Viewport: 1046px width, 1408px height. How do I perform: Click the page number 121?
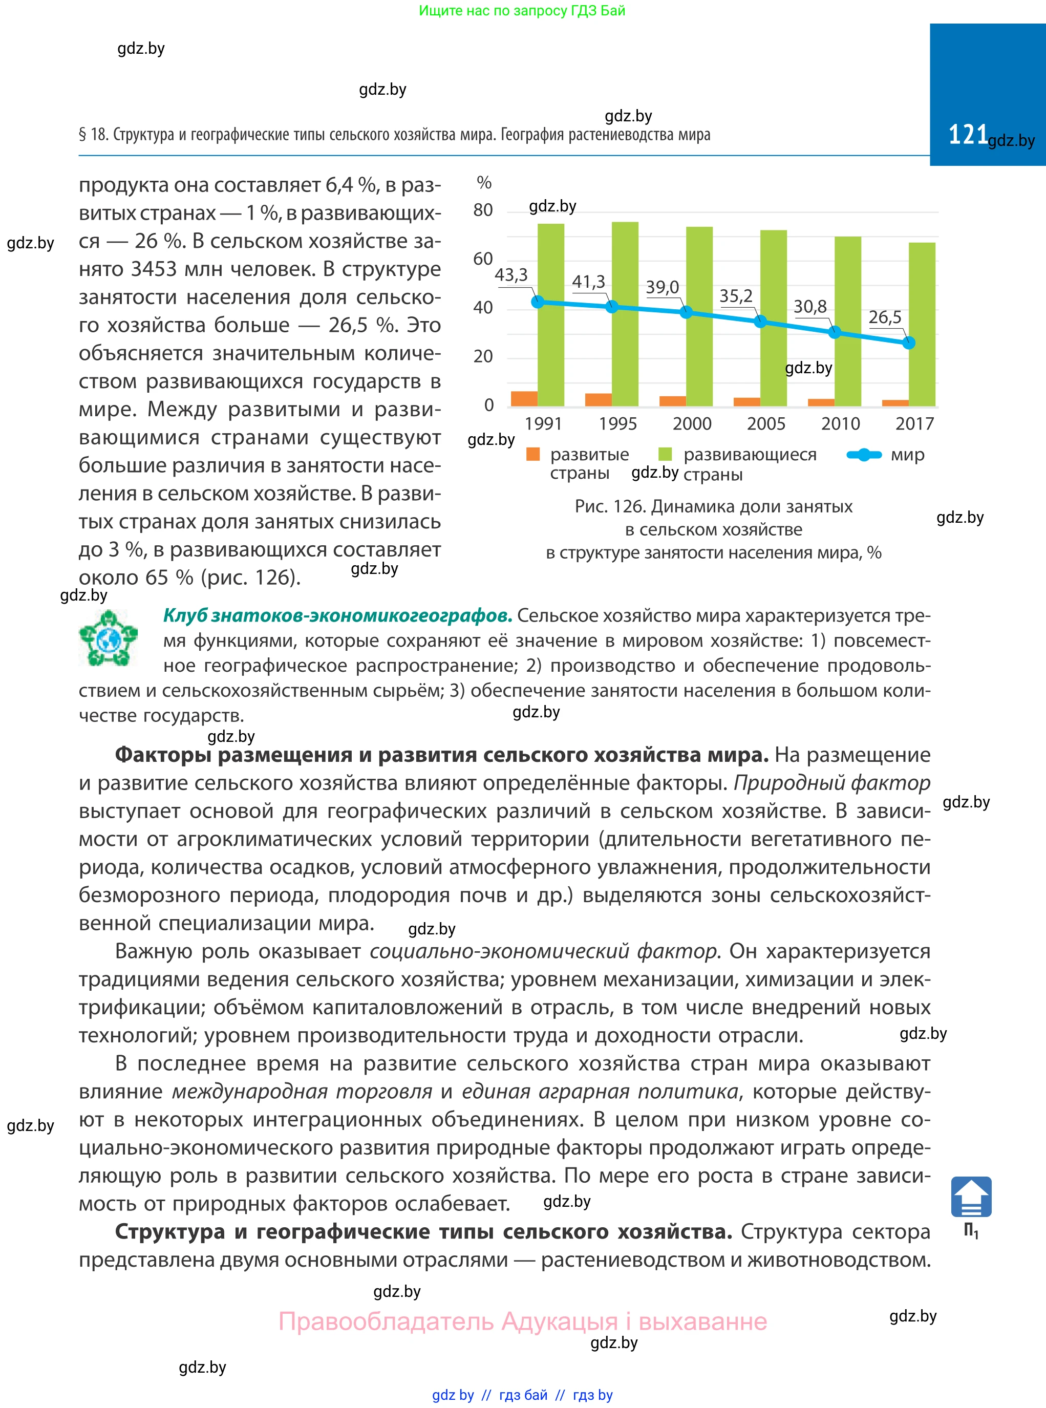(968, 134)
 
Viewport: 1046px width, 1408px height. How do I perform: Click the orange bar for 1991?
(524, 398)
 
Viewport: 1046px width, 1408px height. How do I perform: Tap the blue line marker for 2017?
(909, 343)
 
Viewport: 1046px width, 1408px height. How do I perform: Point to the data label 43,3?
(511, 275)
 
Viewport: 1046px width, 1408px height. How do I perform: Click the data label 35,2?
(736, 295)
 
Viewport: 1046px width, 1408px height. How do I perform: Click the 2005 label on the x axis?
(766, 423)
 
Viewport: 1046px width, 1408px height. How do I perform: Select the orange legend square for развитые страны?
(533, 454)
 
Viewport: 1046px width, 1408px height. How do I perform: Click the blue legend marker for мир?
(864, 455)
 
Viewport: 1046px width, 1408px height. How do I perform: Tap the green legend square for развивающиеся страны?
(665, 454)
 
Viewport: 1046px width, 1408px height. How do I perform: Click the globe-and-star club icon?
(108, 637)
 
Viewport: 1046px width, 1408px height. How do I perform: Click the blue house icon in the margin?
(971, 1197)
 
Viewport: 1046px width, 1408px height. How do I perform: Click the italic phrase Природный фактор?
(831, 783)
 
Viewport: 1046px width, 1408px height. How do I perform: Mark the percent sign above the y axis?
(484, 183)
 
